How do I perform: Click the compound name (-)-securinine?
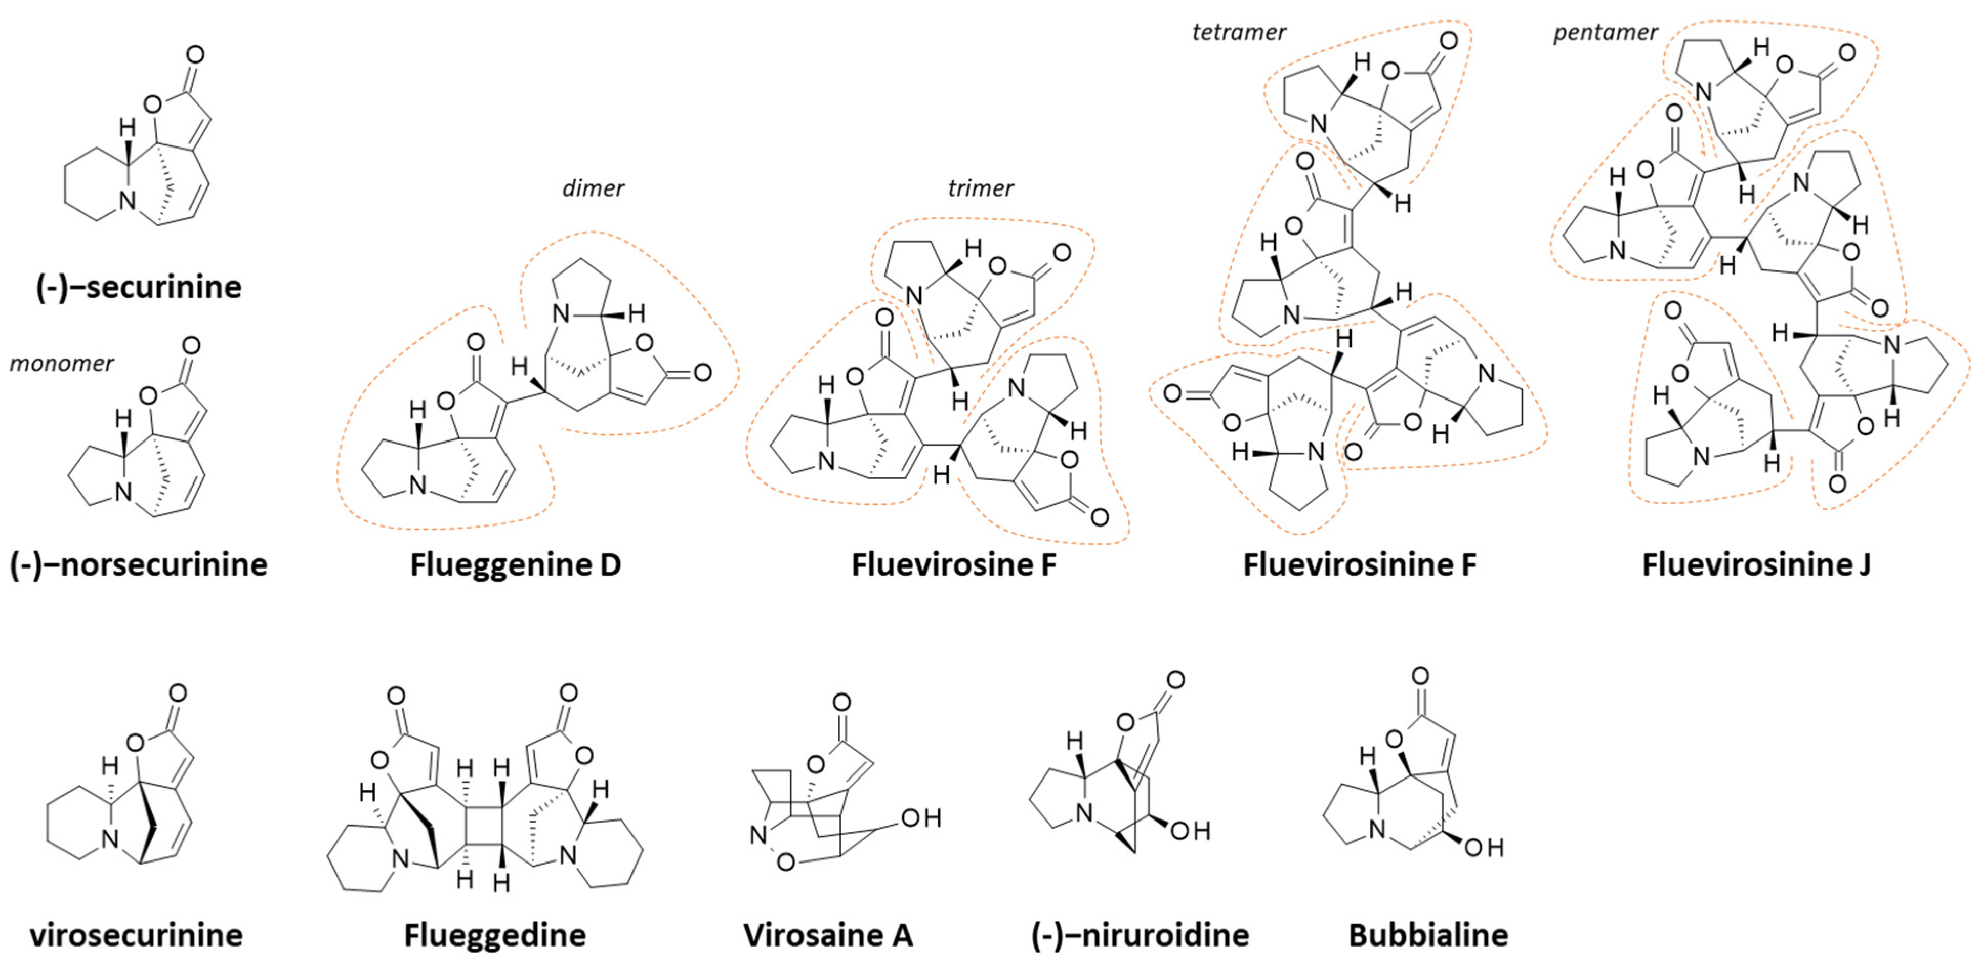138,287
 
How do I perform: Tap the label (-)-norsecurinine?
138,564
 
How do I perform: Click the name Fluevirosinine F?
1360,564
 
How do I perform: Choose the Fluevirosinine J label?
1757,564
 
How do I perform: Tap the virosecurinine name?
136,935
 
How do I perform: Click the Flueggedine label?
495,935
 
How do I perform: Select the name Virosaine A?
828,935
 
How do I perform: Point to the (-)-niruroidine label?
1140,935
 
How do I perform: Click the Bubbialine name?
1428,935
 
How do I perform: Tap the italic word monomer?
61,363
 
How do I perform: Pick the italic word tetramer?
1239,32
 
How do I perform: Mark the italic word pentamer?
1606,32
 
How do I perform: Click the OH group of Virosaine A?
920,818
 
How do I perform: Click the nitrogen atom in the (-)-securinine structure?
127,201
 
